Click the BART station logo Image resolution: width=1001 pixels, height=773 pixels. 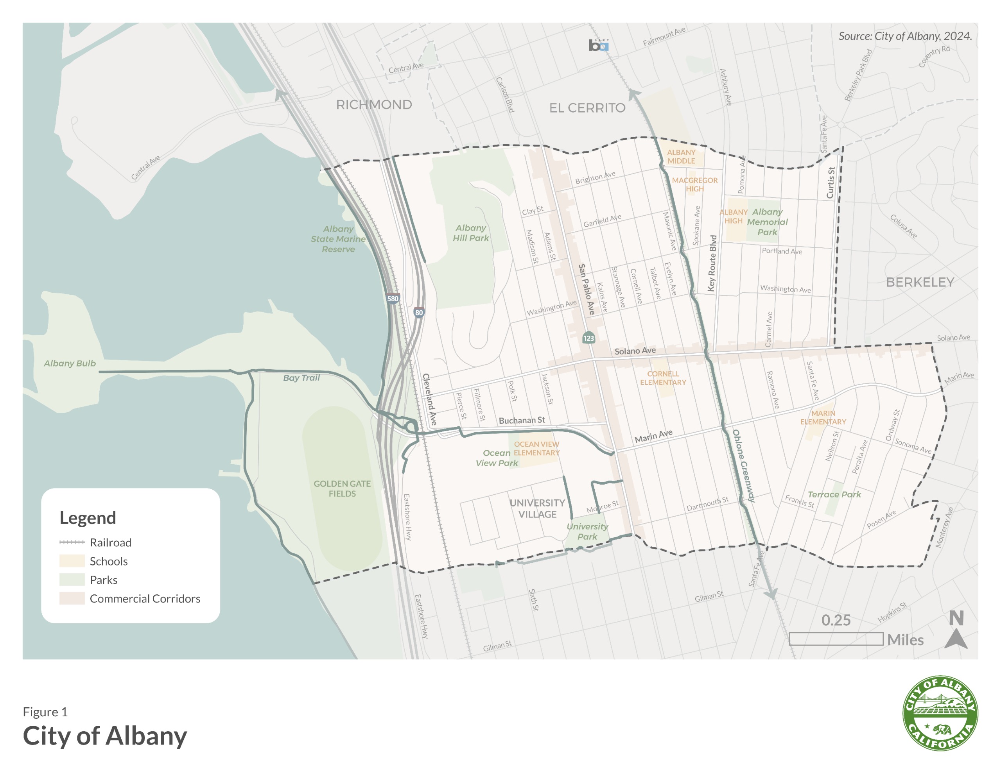(598, 45)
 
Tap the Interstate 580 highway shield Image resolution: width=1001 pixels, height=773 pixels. (392, 299)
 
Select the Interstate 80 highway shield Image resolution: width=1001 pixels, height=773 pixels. (418, 313)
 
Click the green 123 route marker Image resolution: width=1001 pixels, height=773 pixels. (588, 338)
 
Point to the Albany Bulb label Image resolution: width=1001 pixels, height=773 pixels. (70, 363)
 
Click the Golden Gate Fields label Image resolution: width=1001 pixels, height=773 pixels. (342, 488)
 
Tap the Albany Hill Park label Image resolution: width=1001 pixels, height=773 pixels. (471, 233)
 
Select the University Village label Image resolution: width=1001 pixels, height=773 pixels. (537, 508)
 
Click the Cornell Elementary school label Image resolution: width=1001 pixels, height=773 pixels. (663, 378)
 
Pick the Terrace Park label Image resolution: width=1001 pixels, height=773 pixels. (834, 494)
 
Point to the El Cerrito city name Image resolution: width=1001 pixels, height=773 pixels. (587, 108)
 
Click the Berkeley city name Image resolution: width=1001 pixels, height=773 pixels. (920, 282)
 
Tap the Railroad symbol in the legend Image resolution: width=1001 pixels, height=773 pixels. (72, 542)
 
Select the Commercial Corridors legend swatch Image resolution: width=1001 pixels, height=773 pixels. (72, 598)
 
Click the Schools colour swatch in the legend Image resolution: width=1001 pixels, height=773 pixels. (72, 561)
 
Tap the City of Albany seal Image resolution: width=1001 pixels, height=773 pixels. (940, 714)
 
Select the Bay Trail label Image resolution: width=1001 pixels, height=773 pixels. (301, 378)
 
